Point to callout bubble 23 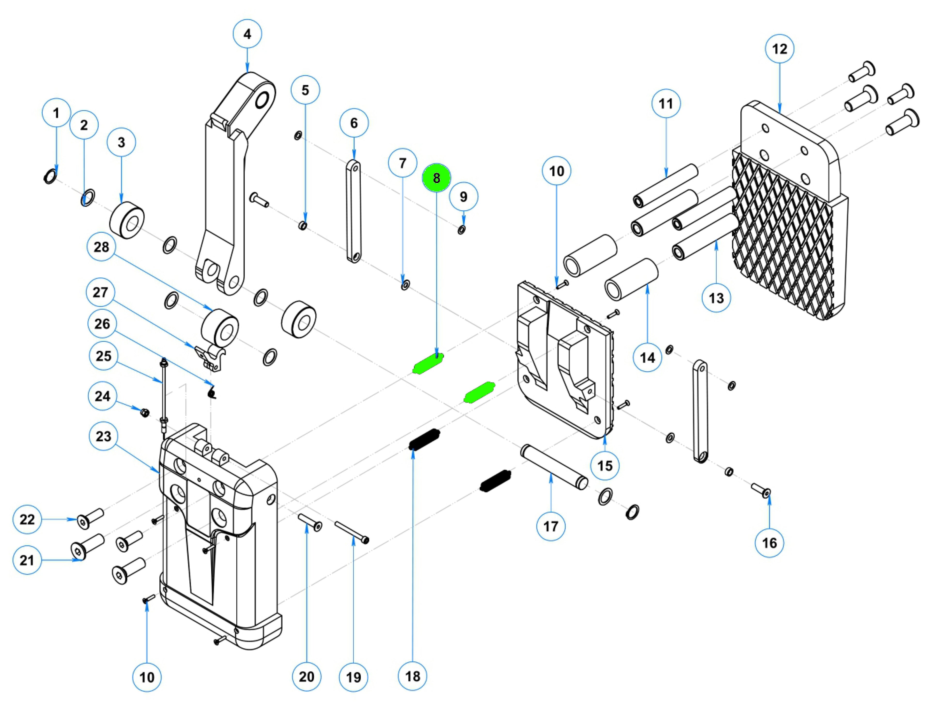click(x=103, y=436)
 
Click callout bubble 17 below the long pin click(x=551, y=526)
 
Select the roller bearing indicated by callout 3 click(x=127, y=220)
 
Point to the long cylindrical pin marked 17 click(x=554, y=466)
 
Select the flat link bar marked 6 click(x=353, y=211)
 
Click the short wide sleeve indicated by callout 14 click(x=631, y=280)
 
